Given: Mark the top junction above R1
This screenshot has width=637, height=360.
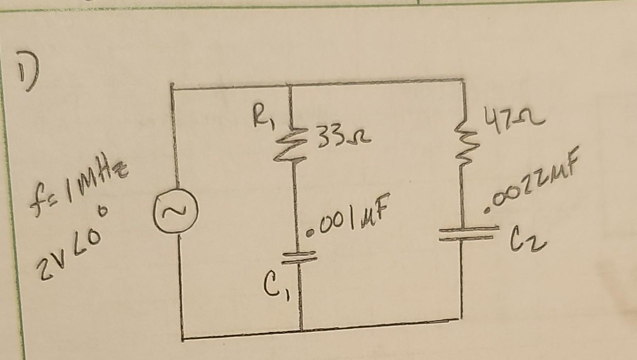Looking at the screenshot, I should tap(290, 85).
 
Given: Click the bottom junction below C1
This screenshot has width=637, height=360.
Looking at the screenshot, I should tap(302, 331).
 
